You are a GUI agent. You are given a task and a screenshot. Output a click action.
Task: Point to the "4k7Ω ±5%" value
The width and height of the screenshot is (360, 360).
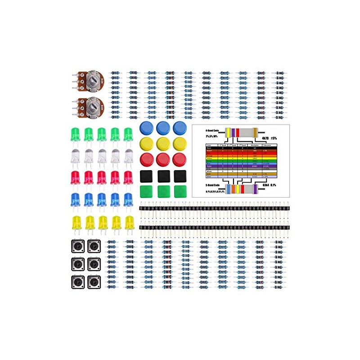click(x=265, y=138)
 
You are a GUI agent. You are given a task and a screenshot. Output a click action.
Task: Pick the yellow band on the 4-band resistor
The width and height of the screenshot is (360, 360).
click(x=228, y=132)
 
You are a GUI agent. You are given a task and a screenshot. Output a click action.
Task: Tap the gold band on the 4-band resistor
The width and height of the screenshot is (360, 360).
click(x=256, y=132)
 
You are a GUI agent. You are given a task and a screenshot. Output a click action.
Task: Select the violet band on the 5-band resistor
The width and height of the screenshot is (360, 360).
click(x=256, y=188)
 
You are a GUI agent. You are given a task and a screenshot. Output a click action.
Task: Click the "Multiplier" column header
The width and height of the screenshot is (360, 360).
click(x=255, y=145)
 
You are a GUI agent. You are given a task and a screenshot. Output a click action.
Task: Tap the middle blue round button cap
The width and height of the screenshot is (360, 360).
click(x=163, y=127)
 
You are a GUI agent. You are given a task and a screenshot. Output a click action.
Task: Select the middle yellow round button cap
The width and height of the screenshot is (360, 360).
click(x=163, y=144)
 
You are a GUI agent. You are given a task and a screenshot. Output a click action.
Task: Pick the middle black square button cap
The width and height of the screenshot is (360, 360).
click(x=163, y=176)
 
